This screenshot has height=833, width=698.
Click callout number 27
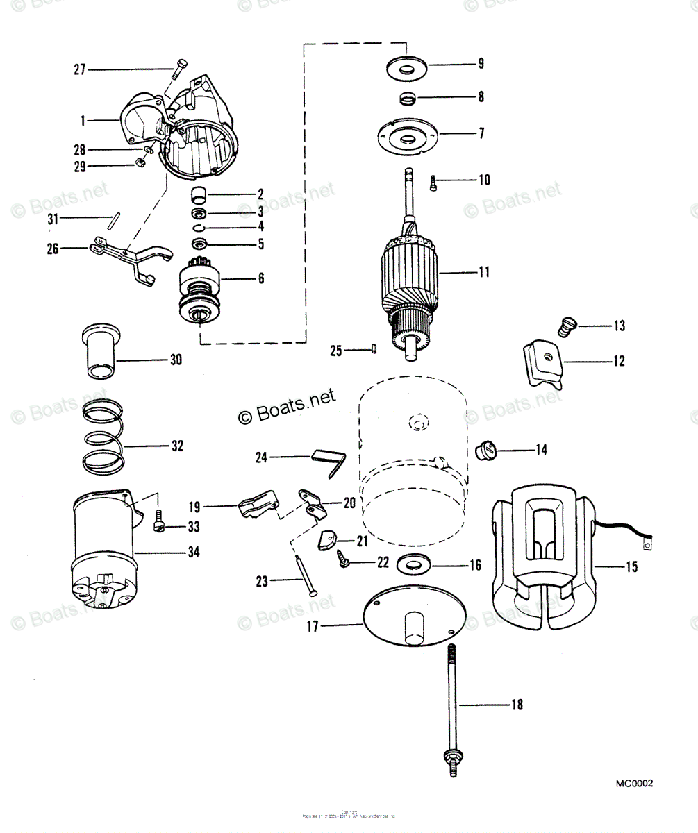79,69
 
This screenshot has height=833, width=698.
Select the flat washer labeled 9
406,68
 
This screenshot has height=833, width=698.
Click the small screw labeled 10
434,184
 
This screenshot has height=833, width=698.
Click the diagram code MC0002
634,784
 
